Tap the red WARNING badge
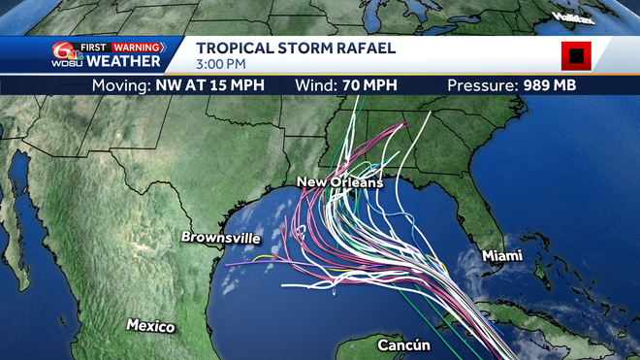tap(137, 46)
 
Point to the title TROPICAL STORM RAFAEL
tap(296, 49)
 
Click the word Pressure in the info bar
tap(479, 85)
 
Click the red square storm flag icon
tap(576, 56)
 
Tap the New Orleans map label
tap(339, 182)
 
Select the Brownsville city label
tap(221, 238)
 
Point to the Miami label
tap(502, 255)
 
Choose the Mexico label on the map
tap(150, 326)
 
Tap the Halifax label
tap(572, 18)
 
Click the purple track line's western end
tap(225, 263)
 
